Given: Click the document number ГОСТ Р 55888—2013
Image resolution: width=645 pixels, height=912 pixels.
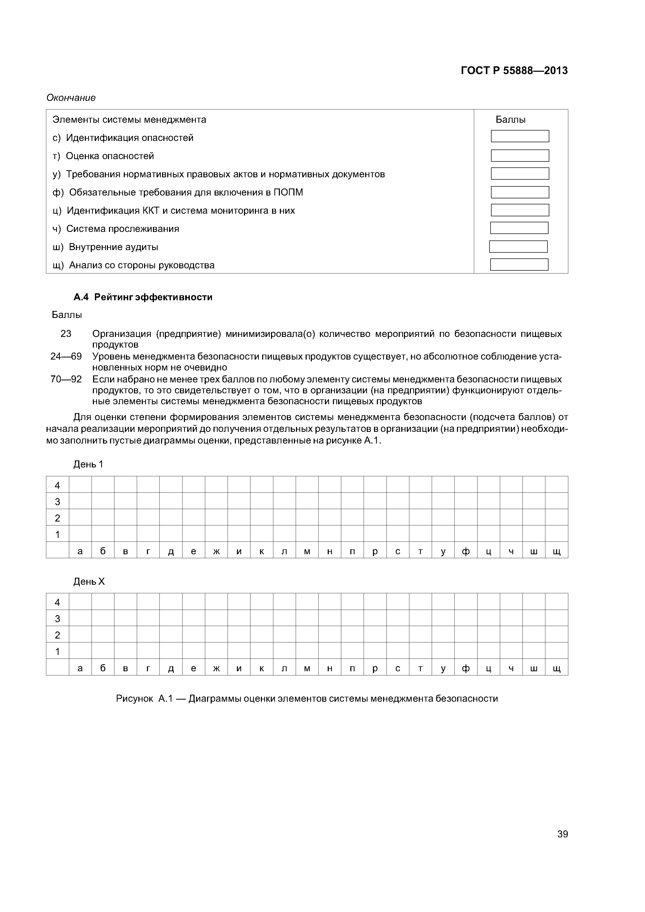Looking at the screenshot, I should click(514, 71).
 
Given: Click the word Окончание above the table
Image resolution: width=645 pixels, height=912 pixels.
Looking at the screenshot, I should click(71, 98).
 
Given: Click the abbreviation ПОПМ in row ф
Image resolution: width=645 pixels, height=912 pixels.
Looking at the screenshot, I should click(288, 193).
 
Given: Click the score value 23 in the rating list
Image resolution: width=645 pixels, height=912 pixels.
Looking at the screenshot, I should click(66, 334).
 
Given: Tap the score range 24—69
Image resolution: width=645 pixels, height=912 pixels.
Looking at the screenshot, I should click(66, 356).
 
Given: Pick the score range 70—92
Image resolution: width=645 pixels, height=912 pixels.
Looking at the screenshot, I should click(66, 379).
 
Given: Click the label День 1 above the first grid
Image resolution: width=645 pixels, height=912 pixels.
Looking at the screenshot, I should click(88, 464).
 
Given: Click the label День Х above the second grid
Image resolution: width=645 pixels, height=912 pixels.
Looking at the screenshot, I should click(89, 582).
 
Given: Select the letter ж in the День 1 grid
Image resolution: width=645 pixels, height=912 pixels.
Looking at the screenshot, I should click(216, 551).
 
